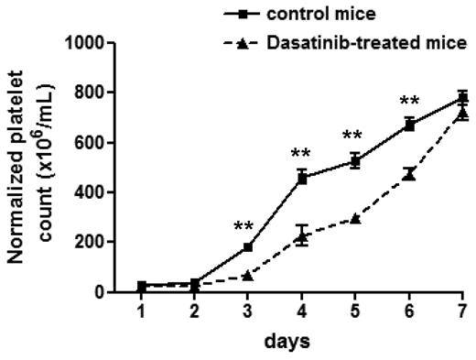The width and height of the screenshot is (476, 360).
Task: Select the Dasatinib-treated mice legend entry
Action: point(365,42)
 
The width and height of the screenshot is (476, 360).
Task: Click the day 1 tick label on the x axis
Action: point(142,312)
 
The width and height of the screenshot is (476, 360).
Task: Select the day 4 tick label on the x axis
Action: point(302,312)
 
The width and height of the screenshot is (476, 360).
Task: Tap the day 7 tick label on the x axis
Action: point(463,312)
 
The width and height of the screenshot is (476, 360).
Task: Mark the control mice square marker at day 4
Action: point(302,178)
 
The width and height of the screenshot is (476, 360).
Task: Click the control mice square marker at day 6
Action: point(409,125)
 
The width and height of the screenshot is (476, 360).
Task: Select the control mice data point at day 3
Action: point(249,247)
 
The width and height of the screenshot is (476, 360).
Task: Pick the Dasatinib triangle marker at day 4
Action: point(302,236)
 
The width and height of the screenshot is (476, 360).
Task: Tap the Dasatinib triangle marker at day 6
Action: point(409,174)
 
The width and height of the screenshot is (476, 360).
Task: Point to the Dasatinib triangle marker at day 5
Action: point(356,218)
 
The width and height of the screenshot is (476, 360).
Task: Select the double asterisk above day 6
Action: point(409,101)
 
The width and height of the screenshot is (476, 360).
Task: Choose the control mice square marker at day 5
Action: point(356,161)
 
